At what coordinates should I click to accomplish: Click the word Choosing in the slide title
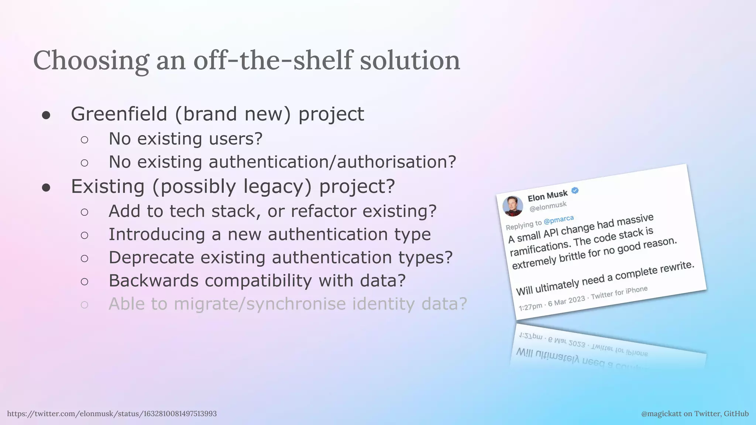pyautogui.click(x=91, y=61)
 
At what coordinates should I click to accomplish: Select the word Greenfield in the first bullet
pyautogui.click(x=119, y=114)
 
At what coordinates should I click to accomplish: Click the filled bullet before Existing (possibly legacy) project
pyautogui.click(x=46, y=187)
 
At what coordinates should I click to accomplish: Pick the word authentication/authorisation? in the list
pyautogui.click(x=332, y=162)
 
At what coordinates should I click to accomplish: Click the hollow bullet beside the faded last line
pyautogui.click(x=85, y=305)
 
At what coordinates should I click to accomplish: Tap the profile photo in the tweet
pyautogui.click(x=513, y=205)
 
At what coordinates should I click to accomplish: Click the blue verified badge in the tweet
pyautogui.click(x=575, y=191)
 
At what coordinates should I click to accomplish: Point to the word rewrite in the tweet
pyautogui.click(x=676, y=267)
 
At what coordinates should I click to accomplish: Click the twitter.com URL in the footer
pyautogui.click(x=112, y=414)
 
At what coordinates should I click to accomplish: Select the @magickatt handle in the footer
pyautogui.click(x=661, y=414)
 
